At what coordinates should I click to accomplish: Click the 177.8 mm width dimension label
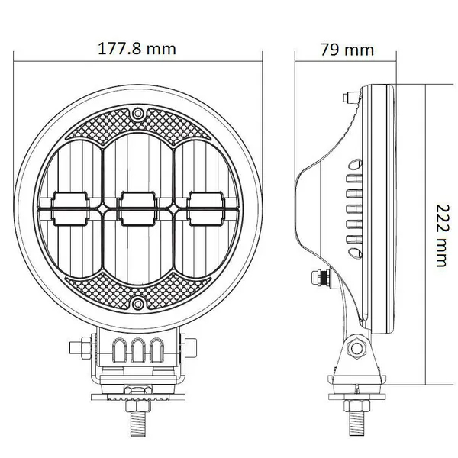pos(137,49)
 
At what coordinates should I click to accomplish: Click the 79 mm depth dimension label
pos(347,50)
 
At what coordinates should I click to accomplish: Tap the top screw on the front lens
pos(137,113)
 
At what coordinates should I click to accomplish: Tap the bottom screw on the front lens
pos(137,304)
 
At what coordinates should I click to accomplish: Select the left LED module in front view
pos(70,208)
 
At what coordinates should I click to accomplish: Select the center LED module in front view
pos(137,208)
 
